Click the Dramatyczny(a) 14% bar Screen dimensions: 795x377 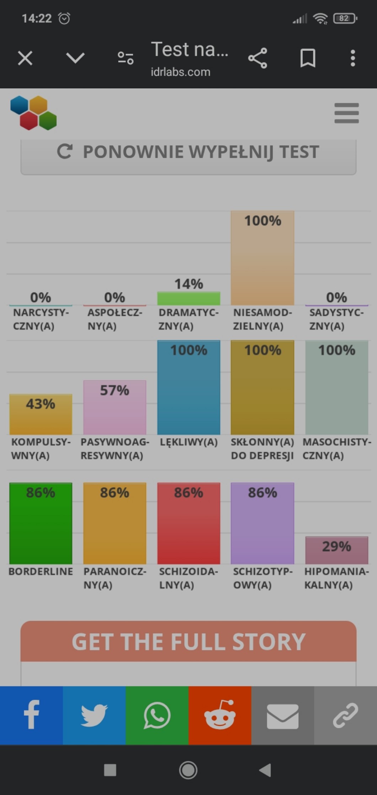click(188, 299)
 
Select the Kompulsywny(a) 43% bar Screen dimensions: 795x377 click(41, 414)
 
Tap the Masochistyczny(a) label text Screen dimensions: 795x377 click(336, 448)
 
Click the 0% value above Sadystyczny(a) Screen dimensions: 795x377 click(336, 297)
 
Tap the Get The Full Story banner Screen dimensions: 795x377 click(188, 641)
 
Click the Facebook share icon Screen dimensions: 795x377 click(31, 715)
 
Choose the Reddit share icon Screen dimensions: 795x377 click(220, 715)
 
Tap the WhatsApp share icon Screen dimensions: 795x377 click(157, 715)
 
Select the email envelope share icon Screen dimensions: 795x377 click(283, 715)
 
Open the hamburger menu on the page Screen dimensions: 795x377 click(346, 113)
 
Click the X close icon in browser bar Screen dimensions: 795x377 click(25, 58)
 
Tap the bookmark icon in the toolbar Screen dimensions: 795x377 click(308, 58)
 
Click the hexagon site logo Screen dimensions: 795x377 click(33, 113)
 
